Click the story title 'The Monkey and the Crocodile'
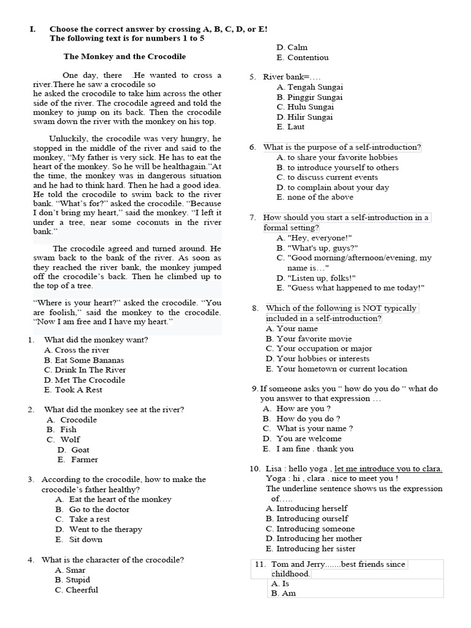[124, 56]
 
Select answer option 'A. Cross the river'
[77, 350]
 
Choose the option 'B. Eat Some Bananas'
[83, 360]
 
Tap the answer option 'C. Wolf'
[63, 440]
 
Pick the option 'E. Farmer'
[77, 459]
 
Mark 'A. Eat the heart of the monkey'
[113, 499]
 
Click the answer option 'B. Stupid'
[72, 580]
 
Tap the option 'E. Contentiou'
[302, 58]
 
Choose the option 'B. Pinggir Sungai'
[309, 97]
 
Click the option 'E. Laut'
[290, 127]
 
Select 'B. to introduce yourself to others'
[337, 167]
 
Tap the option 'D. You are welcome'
[302, 438]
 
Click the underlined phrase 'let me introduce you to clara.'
[388, 469]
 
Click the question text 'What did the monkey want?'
[96, 340]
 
